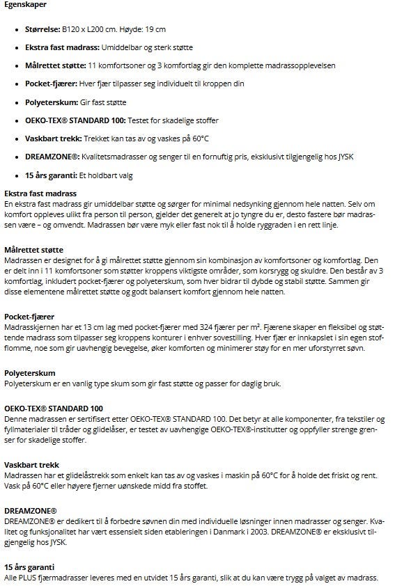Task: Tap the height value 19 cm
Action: click(x=157, y=30)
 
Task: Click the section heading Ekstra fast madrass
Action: click(x=40, y=193)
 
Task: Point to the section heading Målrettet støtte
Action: click(x=33, y=249)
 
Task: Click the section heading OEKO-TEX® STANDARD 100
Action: click(x=54, y=408)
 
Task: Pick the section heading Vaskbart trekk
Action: click(x=31, y=464)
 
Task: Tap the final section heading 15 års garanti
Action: click(x=30, y=568)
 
